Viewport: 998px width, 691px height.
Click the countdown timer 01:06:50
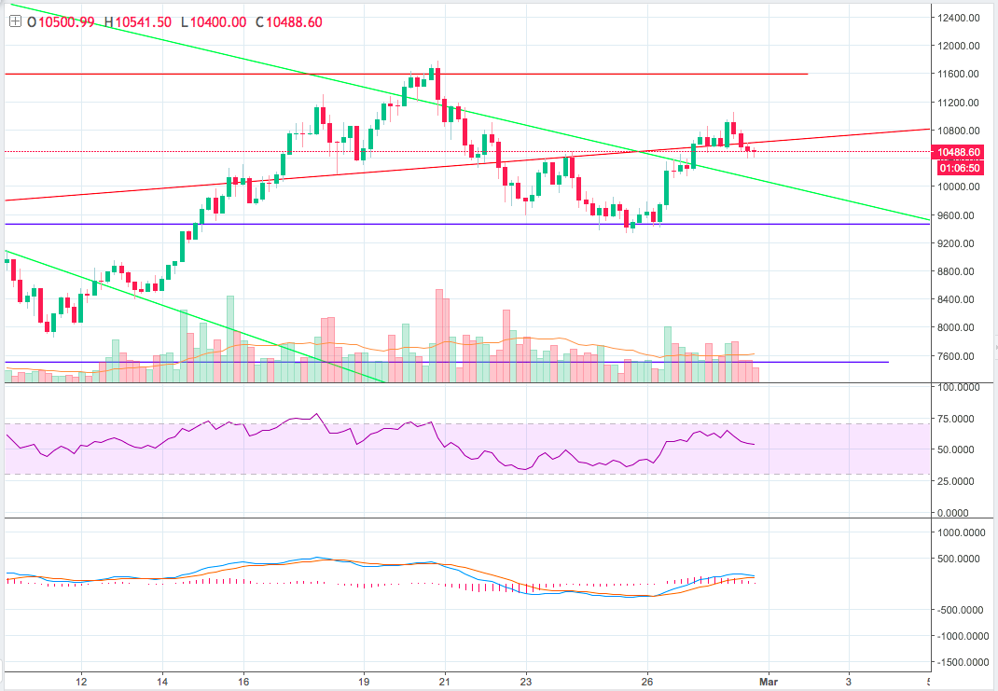tap(959, 168)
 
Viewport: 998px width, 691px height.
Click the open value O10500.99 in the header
tap(62, 22)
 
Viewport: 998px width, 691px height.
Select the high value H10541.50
tap(137, 22)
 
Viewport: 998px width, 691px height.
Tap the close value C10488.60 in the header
tap(288, 22)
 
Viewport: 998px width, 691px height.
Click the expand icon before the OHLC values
tap(14, 22)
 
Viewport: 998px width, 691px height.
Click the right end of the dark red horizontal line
tap(807, 74)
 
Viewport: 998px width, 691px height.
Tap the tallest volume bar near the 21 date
tap(439, 336)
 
